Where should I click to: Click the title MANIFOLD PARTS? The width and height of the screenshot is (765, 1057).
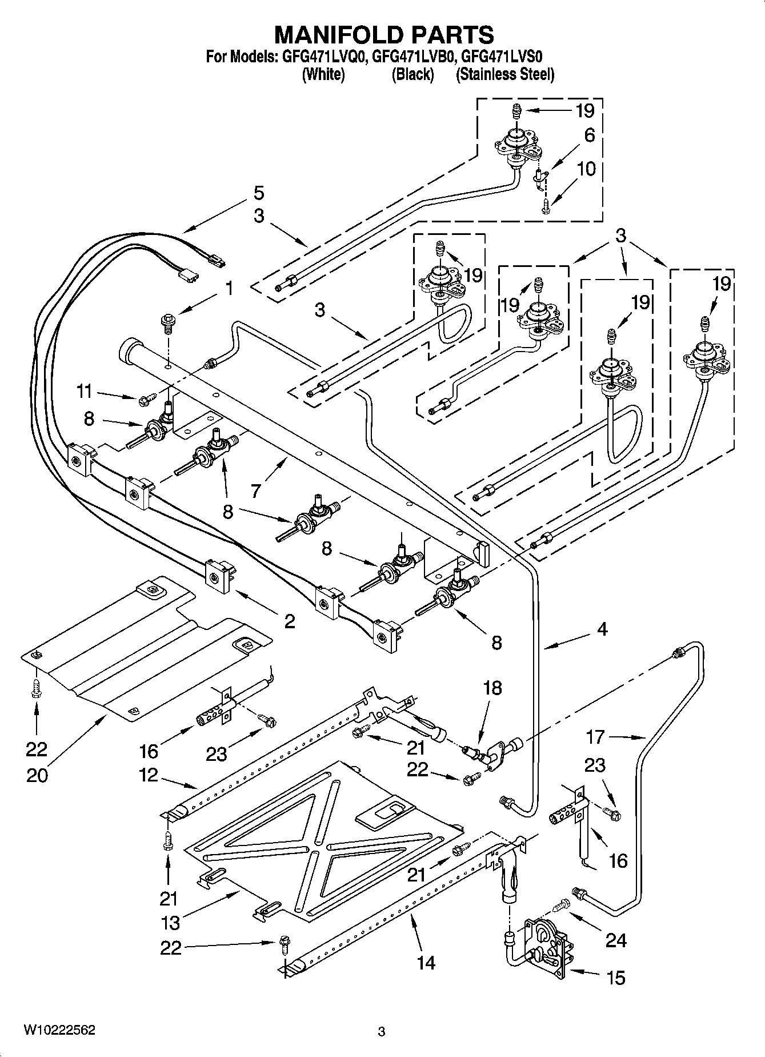tap(384, 35)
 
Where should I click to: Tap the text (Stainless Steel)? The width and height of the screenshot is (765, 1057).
tap(505, 74)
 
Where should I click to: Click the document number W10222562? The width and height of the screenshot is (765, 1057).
tap(59, 1030)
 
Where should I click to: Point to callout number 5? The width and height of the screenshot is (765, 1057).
tap(259, 193)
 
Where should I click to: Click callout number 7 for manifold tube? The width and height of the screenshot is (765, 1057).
tap(255, 490)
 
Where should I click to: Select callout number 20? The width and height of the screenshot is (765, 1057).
tap(38, 776)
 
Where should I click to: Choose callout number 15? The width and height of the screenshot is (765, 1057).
tap(616, 978)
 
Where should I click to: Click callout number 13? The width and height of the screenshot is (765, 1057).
tap(171, 922)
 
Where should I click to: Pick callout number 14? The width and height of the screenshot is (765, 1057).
tap(426, 963)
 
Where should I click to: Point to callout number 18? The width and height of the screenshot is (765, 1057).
tap(492, 688)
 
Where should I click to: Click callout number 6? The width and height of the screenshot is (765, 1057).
tap(589, 135)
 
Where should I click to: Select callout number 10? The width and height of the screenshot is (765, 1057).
tap(587, 169)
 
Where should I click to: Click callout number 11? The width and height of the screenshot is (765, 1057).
tap(84, 392)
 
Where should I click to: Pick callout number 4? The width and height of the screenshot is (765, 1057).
tap(602, 629)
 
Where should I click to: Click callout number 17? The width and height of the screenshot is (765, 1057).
tap(595, 737)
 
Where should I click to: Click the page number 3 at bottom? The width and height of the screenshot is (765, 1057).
tap(382, 1031)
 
